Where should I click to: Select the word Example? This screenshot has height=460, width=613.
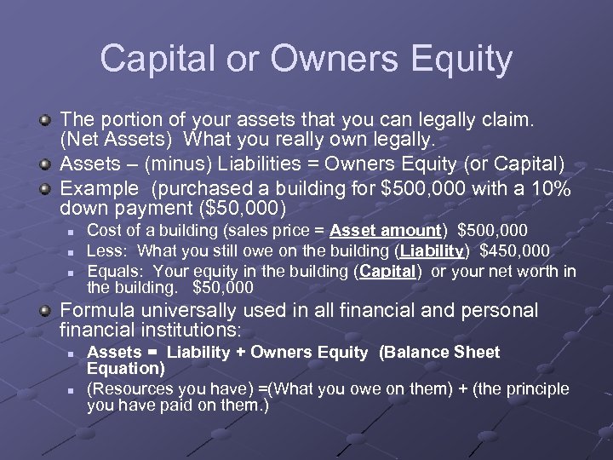(x=97, y=188)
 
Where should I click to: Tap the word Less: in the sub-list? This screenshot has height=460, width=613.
(x=108, y=250)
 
